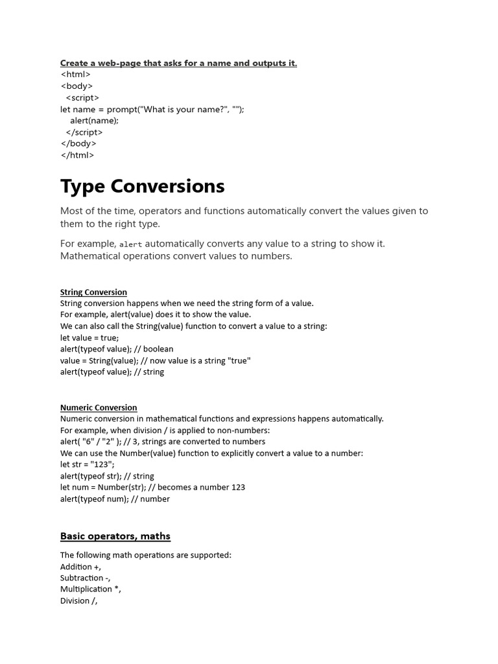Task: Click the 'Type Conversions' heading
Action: pos(143,186)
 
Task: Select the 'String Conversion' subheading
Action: pos(93,292)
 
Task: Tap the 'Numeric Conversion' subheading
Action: pos(99,407)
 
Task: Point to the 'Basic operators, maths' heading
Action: pos(115,536)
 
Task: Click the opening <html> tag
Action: pos(75,74)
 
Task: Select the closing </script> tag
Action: pos(84,132)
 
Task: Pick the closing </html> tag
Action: pos(77,155)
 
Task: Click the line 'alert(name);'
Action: pos(95,120)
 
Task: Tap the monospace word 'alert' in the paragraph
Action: pos(130,244)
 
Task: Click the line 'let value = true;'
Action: pos(89,338)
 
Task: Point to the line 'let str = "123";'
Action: pos(88,464)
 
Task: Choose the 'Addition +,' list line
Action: pos(80,567)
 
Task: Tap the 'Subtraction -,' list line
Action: pos(86,578)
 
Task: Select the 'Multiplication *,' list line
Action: pos(91,589)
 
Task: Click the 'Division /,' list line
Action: pos(78,600)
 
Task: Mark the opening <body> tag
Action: pos(77,86)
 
